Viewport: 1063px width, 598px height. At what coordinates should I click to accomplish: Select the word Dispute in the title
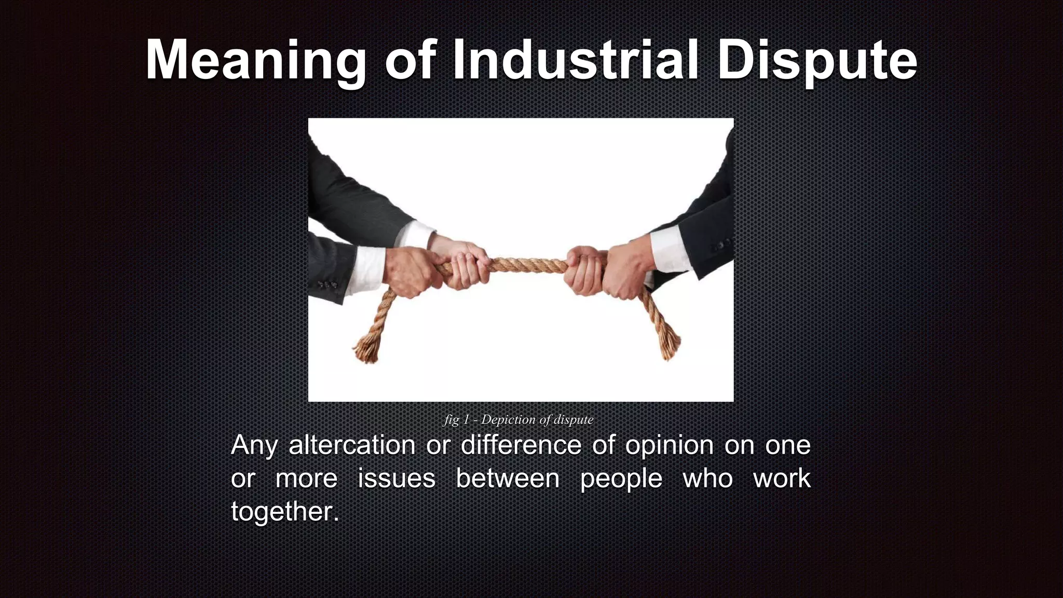click(x=817, y=61)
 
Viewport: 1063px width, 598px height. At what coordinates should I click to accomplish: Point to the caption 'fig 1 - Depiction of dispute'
click(x=519, y=419)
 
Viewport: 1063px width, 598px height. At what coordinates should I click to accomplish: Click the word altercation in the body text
click(x=352, y=445)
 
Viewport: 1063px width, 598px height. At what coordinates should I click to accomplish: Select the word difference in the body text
click(x=521, y=445)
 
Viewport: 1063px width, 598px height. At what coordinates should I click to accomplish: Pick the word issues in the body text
click(x=397, y=478)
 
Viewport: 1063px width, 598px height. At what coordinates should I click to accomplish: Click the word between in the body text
click(x=508, y=478)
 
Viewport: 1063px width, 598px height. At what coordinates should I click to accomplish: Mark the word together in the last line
click(x=284, y=512)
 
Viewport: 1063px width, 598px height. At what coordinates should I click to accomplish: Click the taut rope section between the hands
click(x=527, y=265)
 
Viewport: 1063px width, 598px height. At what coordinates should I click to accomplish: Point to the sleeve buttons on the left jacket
click(x=327, y=285)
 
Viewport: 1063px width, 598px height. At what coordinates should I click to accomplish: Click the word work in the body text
click(x=782, y=478)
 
